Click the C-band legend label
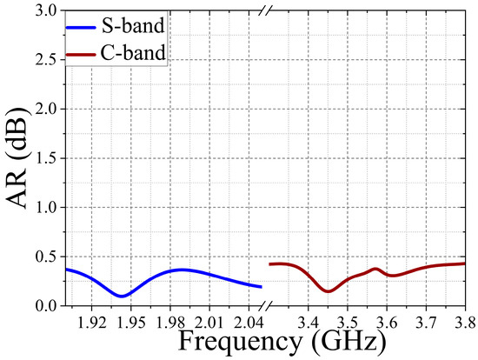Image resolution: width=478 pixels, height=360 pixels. coord(135,53)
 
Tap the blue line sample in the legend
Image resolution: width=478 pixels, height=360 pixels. coord(84,27)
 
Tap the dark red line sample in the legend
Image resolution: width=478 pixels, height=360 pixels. coord(84,53)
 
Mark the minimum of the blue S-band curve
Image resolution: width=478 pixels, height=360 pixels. coord(123,297)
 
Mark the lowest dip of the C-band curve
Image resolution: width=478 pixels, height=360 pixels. coord(328,291)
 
